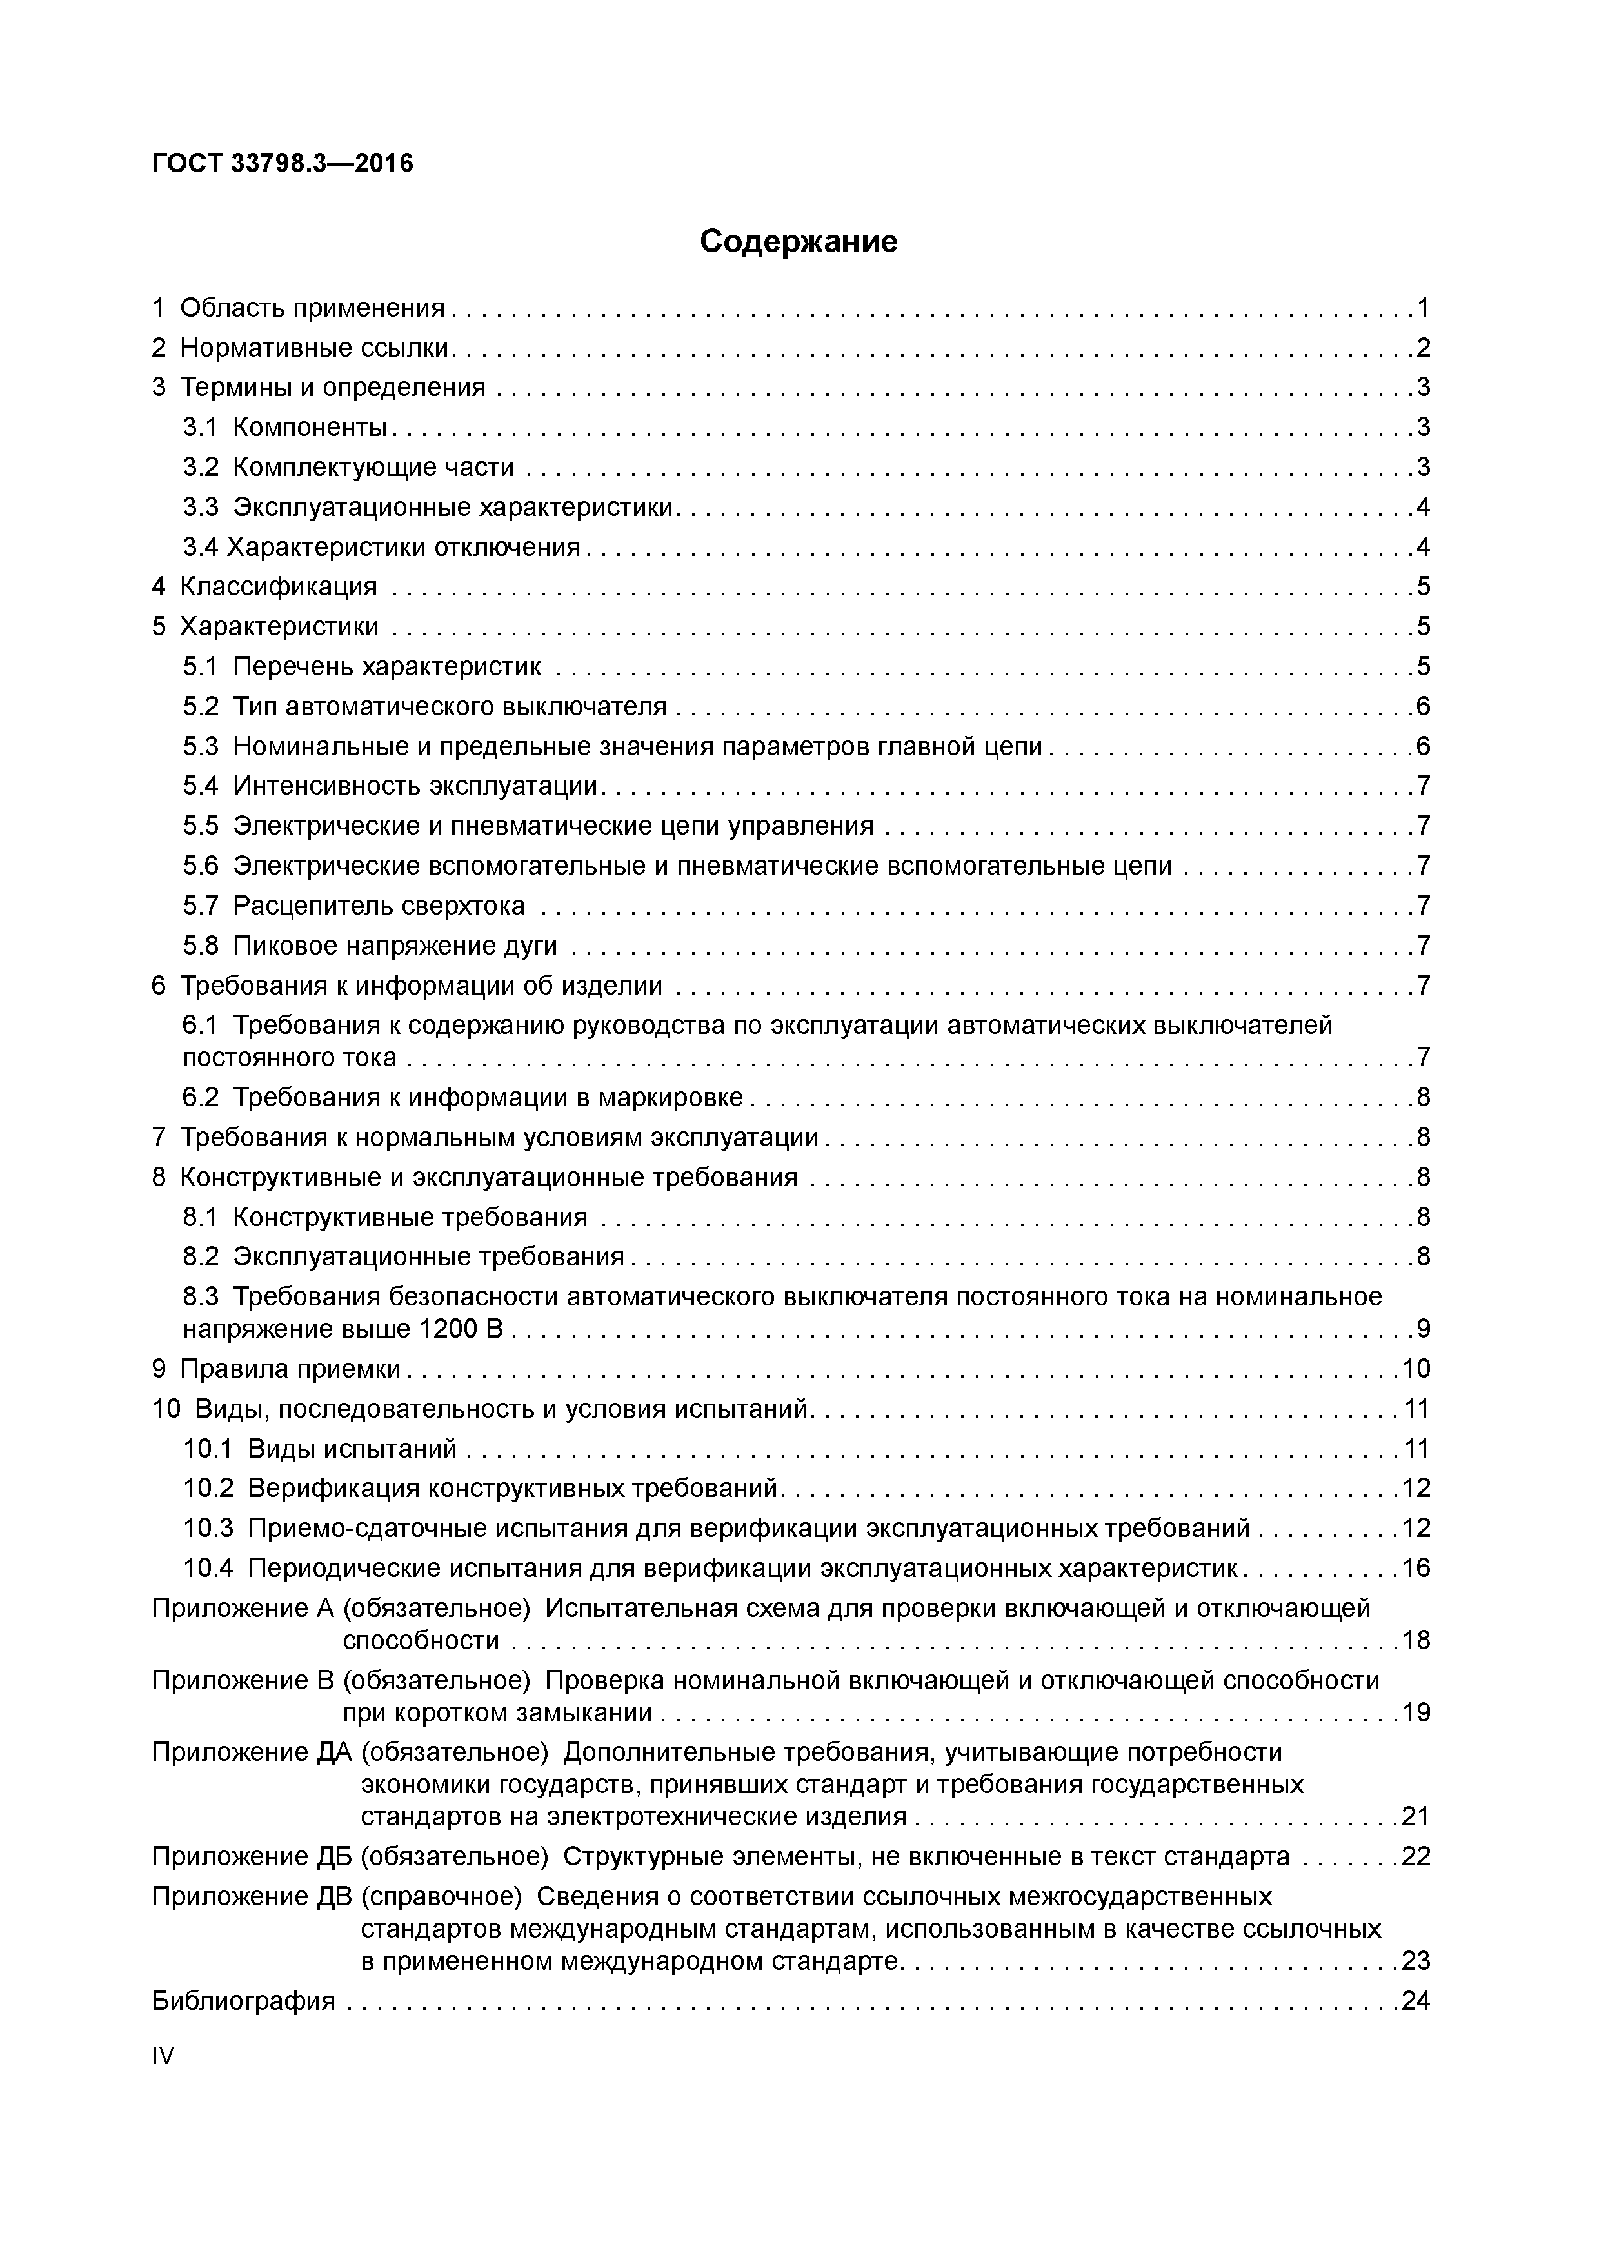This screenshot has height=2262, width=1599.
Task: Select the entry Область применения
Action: (312, 308)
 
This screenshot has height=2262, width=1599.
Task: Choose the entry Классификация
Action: (278, 587)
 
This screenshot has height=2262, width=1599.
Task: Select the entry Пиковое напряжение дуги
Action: (394, 946)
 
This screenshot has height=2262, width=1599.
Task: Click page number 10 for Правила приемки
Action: (1415, 1369)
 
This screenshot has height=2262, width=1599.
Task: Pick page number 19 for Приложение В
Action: (1415, 1713)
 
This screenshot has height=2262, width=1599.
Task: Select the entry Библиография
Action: (243, 2001)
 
